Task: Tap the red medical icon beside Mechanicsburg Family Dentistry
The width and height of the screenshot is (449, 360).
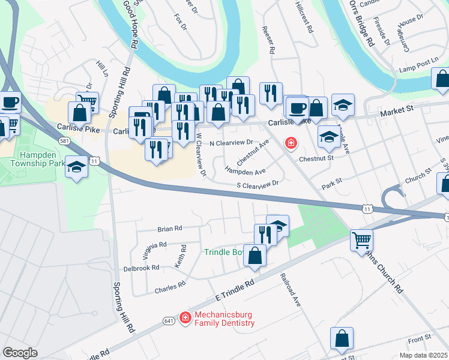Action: point(185,317)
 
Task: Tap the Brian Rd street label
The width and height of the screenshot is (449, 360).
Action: point(169,229)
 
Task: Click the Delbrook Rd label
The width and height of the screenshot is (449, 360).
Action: point(141,268)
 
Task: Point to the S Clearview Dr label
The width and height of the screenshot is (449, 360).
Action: point(258,185)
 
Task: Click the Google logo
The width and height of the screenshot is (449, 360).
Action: point(20,353)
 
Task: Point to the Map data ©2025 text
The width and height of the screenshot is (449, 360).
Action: point(423,355)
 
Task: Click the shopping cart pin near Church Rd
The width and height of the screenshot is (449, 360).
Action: point(361,240)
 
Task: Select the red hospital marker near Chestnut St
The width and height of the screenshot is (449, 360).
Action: point(291,143)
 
